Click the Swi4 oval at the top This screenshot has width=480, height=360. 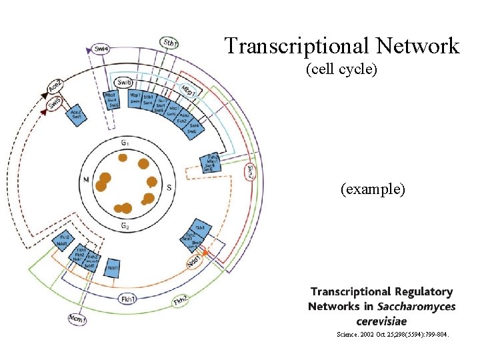point(101,49)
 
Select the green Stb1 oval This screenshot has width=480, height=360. point(170,43)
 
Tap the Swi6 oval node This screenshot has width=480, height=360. point(123,82)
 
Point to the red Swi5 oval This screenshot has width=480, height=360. point(56,103)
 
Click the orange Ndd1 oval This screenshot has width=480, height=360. point(193,263)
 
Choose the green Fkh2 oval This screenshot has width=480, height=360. point(180,301)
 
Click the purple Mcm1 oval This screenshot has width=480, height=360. point(77,319)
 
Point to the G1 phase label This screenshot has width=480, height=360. point(125,143)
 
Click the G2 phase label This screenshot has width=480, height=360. point(125,226)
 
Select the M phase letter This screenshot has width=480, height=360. point(85,179)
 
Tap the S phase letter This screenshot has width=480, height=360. point(169,188)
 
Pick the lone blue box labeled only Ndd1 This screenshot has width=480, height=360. point(112,267)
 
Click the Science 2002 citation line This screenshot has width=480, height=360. point(393,335)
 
